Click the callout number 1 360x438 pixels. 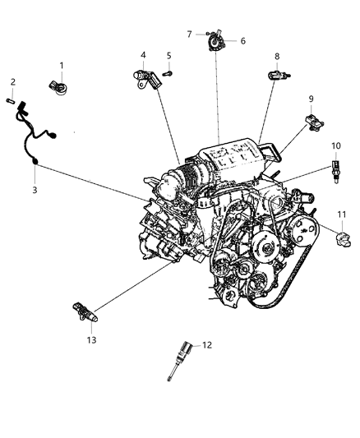click(60, 65)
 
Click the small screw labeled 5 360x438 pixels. click(168, 73)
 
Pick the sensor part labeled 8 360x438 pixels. click(276, 75)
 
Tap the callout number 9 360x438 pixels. click(312, 99)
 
